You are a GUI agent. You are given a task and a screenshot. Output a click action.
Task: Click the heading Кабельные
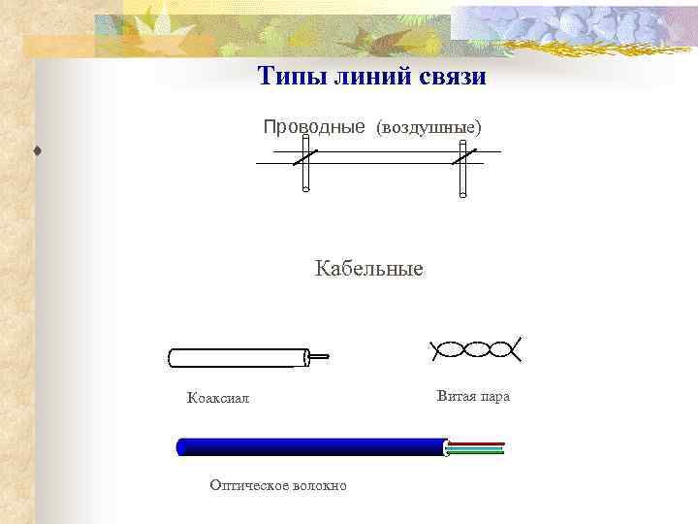pos(368,268)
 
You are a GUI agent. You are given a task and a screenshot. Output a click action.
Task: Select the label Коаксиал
pos(218,397)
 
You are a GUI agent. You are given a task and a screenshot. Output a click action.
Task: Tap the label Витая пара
pos(473,396)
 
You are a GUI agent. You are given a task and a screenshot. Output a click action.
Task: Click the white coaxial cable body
pos(238,358)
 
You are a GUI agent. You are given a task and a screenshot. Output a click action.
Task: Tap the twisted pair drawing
pos(475,349)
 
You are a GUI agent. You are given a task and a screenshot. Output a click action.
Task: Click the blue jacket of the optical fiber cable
pos(310,446)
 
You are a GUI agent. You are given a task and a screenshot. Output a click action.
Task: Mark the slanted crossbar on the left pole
pos(305,156)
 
